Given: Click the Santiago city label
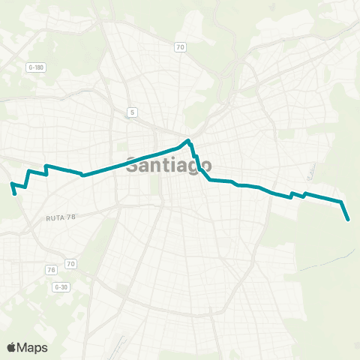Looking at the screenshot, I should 169,165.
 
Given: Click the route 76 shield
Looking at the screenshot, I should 51,270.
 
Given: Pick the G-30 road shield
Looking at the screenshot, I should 61,286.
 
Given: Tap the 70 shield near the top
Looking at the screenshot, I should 180,47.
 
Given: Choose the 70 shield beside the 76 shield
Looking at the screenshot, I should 70,264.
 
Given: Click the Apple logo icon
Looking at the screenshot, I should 11,347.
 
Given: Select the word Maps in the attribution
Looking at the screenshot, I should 33,347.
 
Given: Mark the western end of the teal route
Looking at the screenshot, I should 16,193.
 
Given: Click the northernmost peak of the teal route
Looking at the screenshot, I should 188,139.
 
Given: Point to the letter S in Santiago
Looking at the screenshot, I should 133,165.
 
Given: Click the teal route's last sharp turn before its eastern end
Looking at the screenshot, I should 342,202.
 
